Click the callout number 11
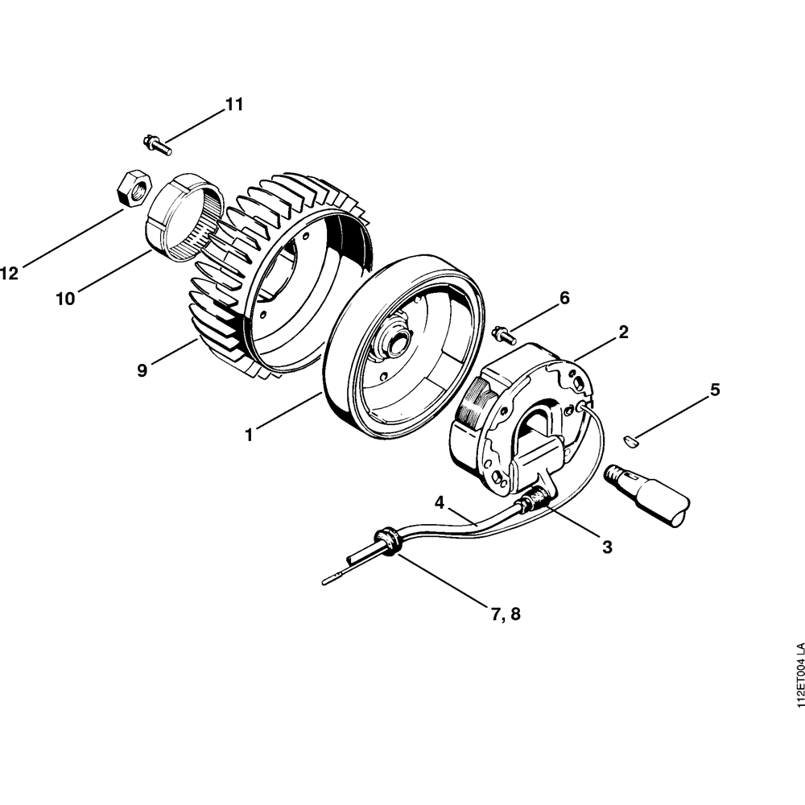(x=233, y=105)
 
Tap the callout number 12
(x=10, y=274)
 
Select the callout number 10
(x=65, y=299)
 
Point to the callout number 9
(x=142, y=371)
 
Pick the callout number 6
(x=564, y=298)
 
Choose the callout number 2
(x=623, y=331)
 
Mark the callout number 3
(x=607, y=547)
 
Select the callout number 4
(x=440, y=502)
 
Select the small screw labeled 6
(x=502, y=332)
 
